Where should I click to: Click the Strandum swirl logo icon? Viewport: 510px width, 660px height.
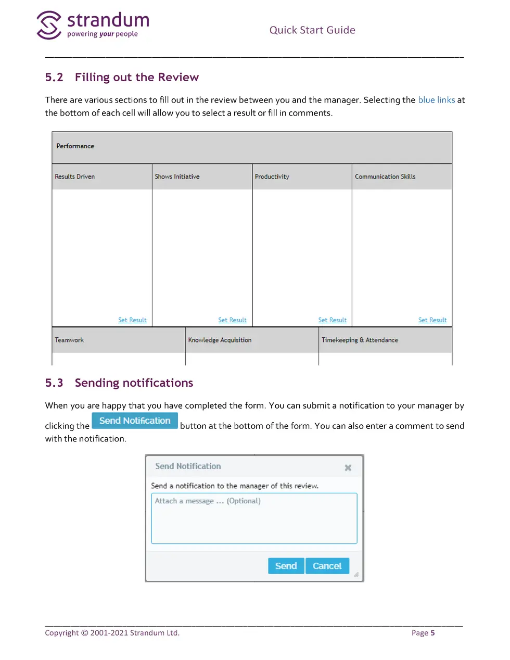(x=49, y=25)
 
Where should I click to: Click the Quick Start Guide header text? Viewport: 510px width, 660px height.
(x=312, y=30)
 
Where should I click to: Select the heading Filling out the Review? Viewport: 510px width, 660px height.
(x=136, y=78)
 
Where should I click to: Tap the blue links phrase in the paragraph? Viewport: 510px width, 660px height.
(x=436, y=100)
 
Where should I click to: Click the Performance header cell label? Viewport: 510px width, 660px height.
(x=75, y=146)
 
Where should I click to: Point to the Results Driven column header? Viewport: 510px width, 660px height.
(x=75, y=177)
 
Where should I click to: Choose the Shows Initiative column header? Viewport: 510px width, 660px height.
(x=177, y=177)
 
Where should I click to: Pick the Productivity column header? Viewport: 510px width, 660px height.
(x=272, y=177)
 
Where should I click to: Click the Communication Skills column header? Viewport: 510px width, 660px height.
(x=385, y=177)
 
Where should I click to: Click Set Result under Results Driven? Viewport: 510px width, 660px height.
(x=132, y=320)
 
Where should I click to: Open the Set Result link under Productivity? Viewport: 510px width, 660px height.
(x=332, y=320)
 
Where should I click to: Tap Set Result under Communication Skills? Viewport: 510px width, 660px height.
(x=432, y=320)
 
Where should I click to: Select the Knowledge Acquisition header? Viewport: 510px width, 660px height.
(x=220, y=340)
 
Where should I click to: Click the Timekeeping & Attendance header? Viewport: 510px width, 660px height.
(x=360, y=340)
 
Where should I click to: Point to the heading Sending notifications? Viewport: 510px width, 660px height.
(x=134, y=383)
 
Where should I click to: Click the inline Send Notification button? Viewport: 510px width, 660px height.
(x=135, y=421)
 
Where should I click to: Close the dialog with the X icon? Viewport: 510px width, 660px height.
(x=348, y=468)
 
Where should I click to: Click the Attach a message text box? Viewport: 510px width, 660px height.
(x=254, y=518)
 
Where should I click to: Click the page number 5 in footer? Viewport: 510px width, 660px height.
(x=432, y=633)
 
